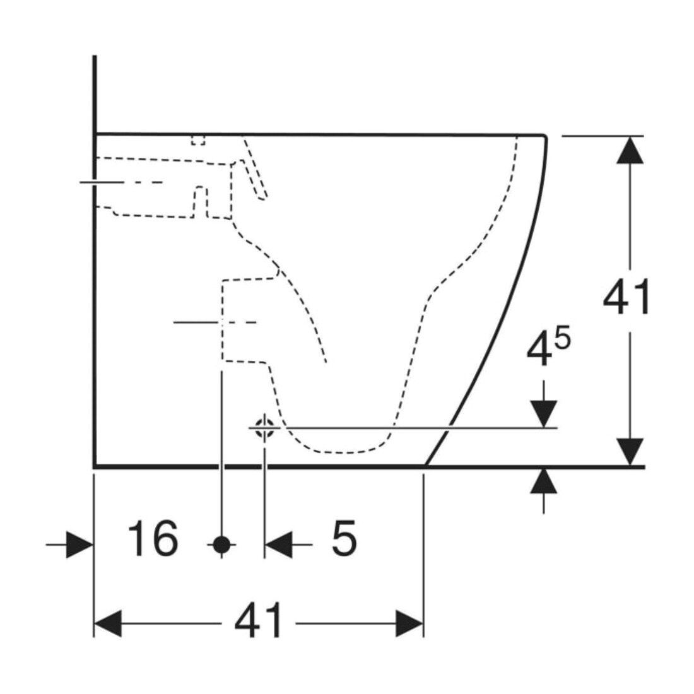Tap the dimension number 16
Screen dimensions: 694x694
(x=153, y=538)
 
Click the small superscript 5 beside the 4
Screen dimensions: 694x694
(x=563, y=339)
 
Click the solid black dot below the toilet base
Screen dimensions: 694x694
(x=221, y=544)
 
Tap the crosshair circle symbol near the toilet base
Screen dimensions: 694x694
(x=264, y=428)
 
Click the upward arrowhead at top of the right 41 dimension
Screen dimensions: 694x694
(x=630, y=150)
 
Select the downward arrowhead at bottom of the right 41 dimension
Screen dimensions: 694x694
(x=630, y=452)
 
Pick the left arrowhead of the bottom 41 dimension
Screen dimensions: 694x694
(x=107, y=623)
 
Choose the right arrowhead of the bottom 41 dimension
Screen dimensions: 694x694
(x=409, y=623)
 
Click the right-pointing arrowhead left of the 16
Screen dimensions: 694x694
(x=79, y=544)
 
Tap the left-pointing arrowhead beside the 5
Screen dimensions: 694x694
(x=278, y=544)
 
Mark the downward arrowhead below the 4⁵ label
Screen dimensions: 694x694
(x=543, y=415)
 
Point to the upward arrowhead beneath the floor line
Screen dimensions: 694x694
(x=543, y=481)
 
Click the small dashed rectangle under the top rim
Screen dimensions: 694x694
(x=198, y=140)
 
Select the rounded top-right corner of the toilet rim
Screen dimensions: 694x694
(x=544, y=136)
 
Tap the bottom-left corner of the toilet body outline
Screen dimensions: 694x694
(x=95, y=466)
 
